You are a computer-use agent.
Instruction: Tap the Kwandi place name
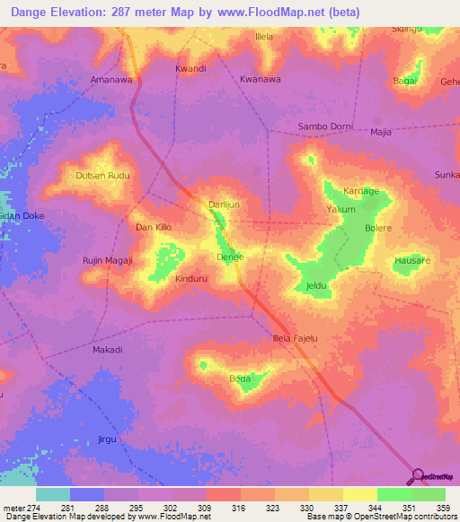[190, 68]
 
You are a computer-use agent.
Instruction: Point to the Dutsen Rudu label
[103, 175]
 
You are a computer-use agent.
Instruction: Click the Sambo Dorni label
[325, 126]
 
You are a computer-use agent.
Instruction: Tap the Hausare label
[411, 261]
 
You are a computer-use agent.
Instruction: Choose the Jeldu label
[315, 286]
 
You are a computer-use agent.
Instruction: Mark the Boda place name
[240, 379]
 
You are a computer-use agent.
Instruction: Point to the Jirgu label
[107, 439]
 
